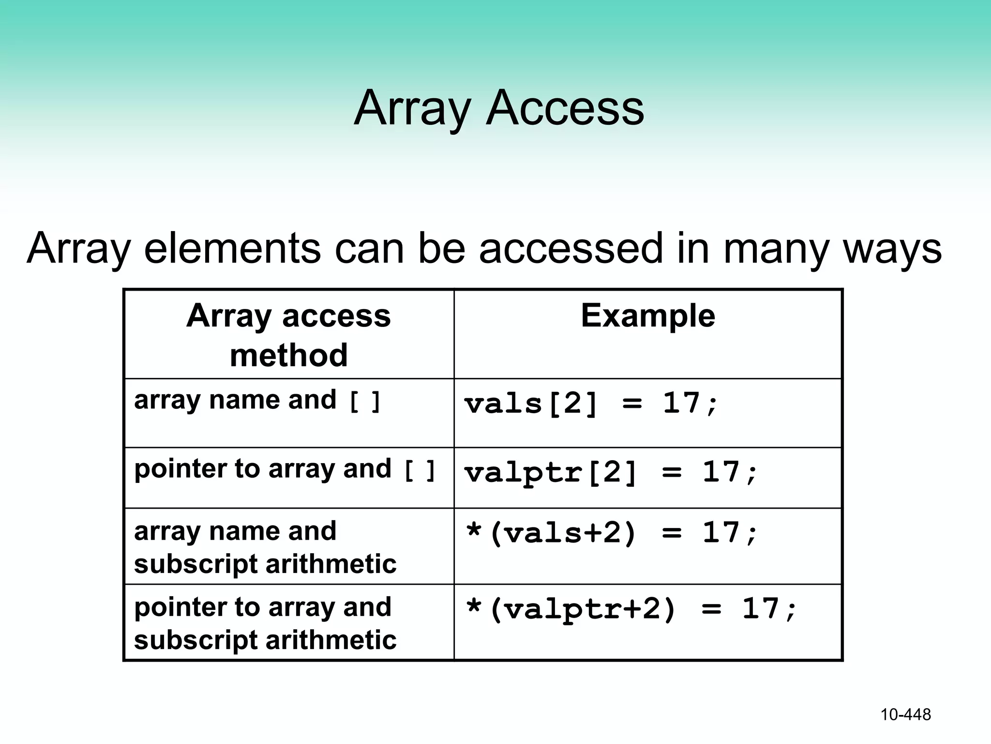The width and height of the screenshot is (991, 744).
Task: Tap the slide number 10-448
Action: pyautogui.click(x=905, y=714)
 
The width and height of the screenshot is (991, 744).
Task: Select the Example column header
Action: pyautogui.click(x=647, y=316)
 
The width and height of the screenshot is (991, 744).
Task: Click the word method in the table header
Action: pyautogui.click(x=288, y=355)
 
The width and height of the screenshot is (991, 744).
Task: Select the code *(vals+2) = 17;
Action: pyautogui.click(x=611, y=533)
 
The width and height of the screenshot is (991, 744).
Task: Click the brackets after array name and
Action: pyautogui.click(x=365, y=402)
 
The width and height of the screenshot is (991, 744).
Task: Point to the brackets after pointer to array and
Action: pyautogui.click(x=420, y=471)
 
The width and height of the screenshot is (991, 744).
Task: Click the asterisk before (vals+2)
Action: pyautogui.click(x=473, y=531)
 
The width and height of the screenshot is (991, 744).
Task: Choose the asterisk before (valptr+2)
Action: pyautogui.click(x=473, y=607)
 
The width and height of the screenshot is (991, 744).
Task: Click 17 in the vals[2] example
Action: pyautogui.click(x=681, y=403)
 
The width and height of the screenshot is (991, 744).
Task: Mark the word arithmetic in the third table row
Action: pyautogui.click(x=331, y=564)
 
